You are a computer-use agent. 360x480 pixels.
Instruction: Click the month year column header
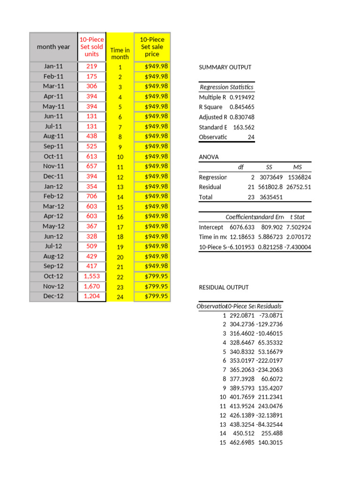coord(53,47)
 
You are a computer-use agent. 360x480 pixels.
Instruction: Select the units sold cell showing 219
coord(92,67)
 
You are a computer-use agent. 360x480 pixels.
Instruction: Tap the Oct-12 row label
coord(53,276)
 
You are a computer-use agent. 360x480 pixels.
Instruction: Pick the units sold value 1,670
coord(92,286)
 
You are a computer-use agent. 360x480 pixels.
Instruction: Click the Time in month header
coord(120,53)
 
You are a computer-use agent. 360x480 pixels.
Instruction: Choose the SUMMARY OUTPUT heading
coord(225,67)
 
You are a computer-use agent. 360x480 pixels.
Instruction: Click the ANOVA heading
coord(209,157)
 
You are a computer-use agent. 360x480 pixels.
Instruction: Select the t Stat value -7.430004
coord(297,247)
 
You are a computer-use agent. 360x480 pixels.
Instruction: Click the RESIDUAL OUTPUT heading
coord(224,287)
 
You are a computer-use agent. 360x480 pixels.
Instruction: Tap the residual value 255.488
coord(270,434)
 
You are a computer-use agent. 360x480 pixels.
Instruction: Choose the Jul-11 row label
coord(53,127)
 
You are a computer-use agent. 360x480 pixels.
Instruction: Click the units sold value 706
coord(92,196)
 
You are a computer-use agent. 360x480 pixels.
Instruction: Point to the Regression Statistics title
coord(226,87)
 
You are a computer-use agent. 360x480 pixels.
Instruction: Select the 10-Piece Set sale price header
coord(152,47)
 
